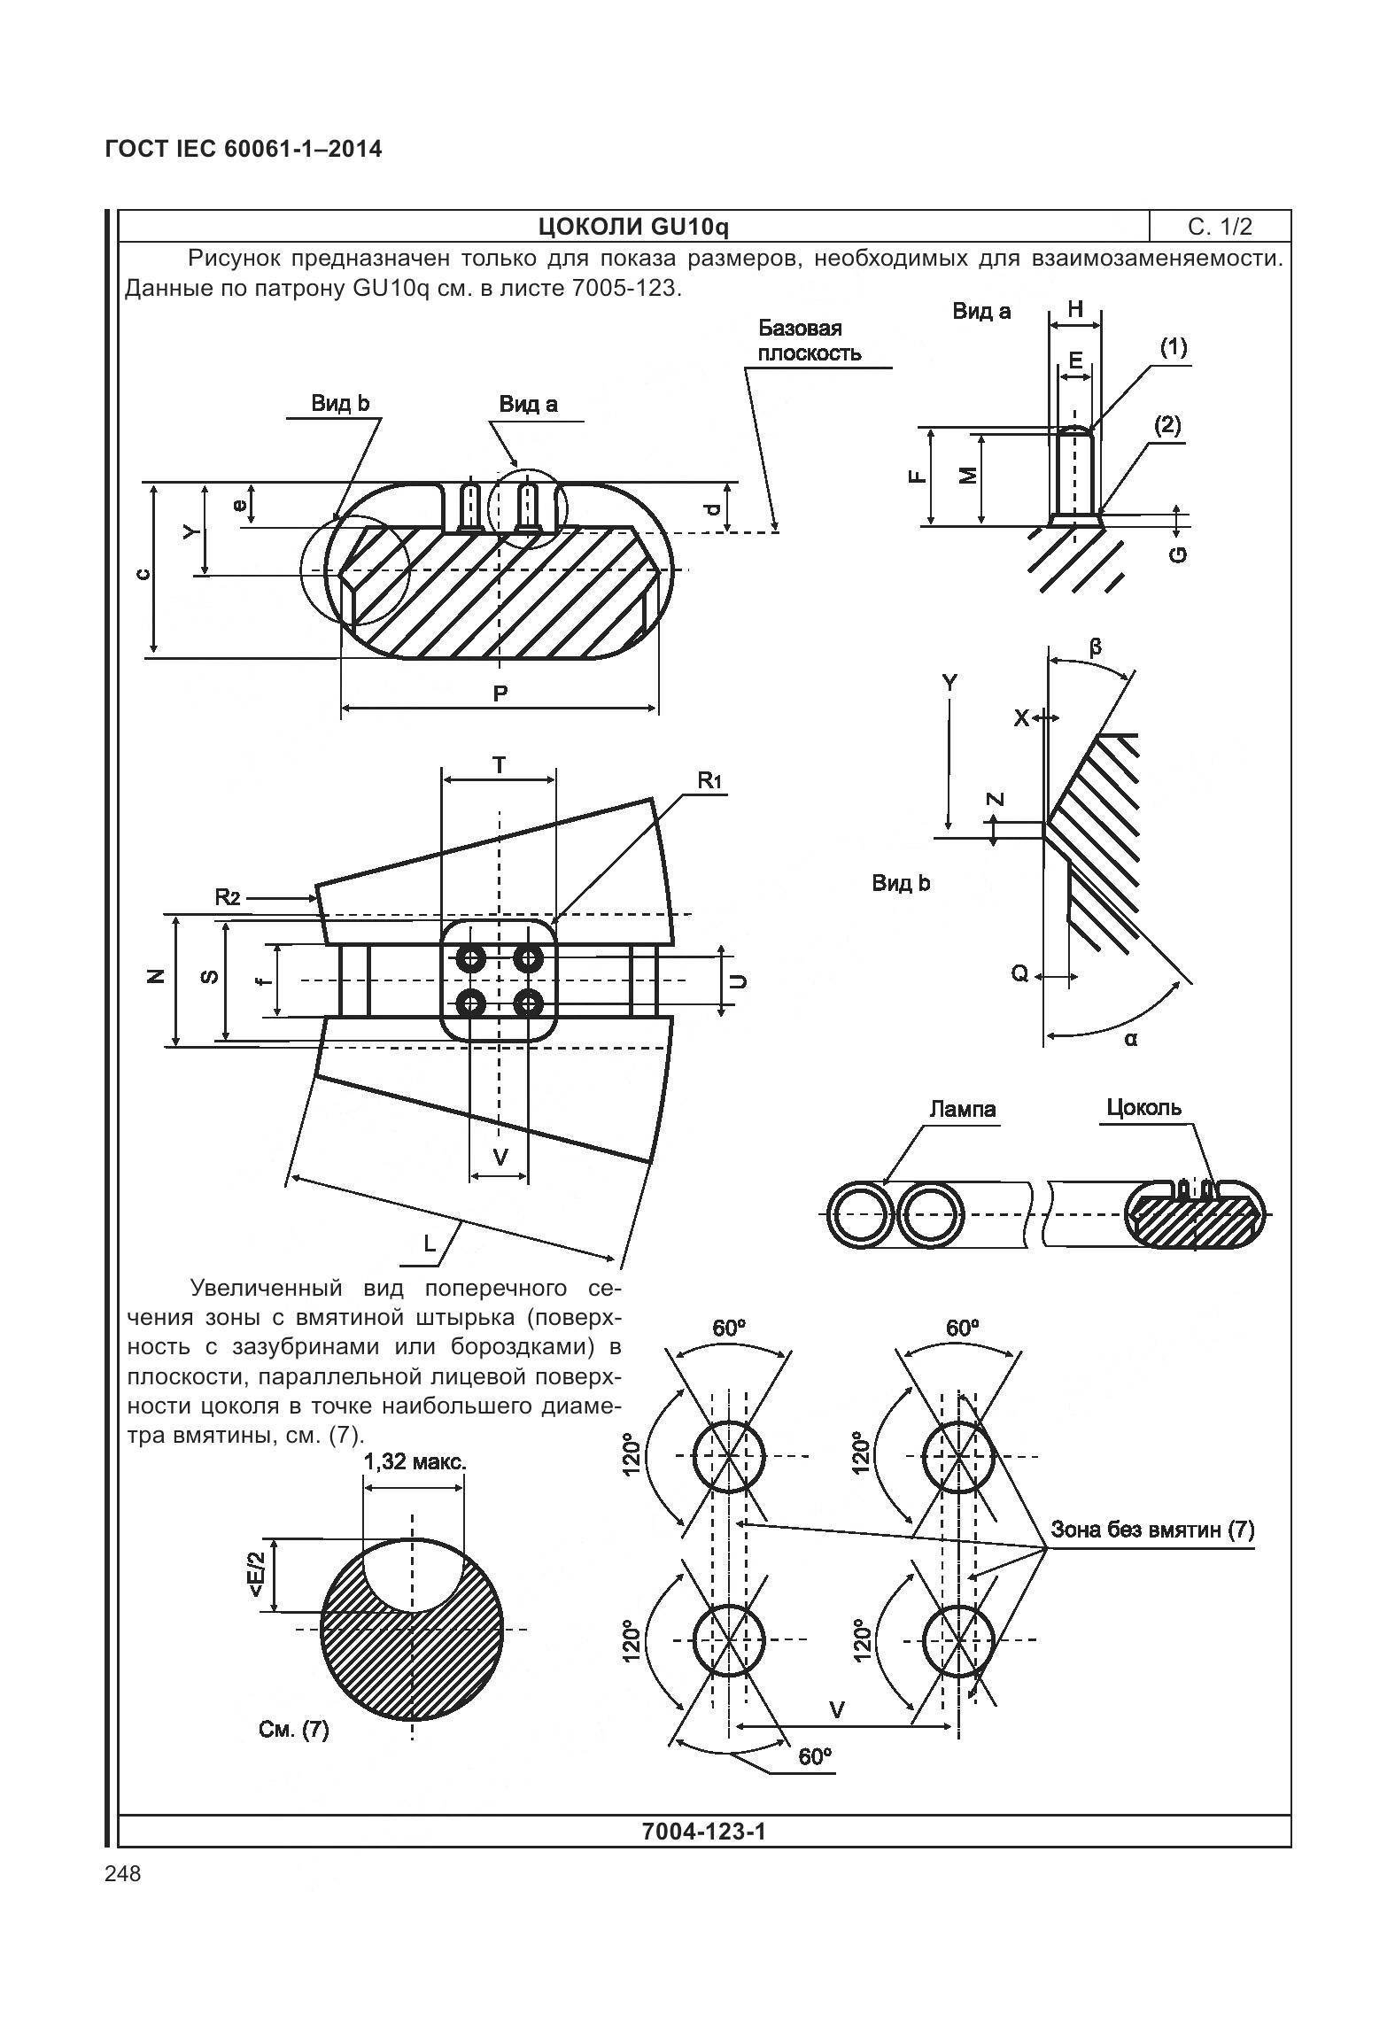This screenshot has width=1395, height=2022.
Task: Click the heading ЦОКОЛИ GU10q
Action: [x=633, y=228]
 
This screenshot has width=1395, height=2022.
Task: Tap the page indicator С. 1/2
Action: [x=1220, y=228]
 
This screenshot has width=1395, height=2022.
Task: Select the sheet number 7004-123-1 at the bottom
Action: [x=703, y=1831]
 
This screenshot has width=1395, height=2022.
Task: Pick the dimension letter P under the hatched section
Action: [x=500, y=693]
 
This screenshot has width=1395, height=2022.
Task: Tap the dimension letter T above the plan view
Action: [x=500, y=765]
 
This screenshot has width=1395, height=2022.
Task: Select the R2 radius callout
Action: [x=228, y=897]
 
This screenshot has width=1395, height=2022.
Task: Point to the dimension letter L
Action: [x=430, y=1243]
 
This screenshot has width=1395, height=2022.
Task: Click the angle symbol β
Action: [x=1096, y=647]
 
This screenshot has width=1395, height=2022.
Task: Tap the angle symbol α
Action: [x=1131, y=1039]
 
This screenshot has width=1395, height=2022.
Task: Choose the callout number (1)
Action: [x=1174, y=348]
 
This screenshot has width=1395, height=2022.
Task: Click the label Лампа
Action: [x=963, y=1109]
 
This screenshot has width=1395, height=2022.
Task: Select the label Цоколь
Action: [x=1143, y=1107]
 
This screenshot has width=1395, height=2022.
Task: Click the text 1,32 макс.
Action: [x=415, y=1461]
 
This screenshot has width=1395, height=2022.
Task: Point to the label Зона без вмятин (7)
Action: [x=1152, y=1529]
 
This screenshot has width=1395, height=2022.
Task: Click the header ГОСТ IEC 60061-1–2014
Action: [x=244, y=149]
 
